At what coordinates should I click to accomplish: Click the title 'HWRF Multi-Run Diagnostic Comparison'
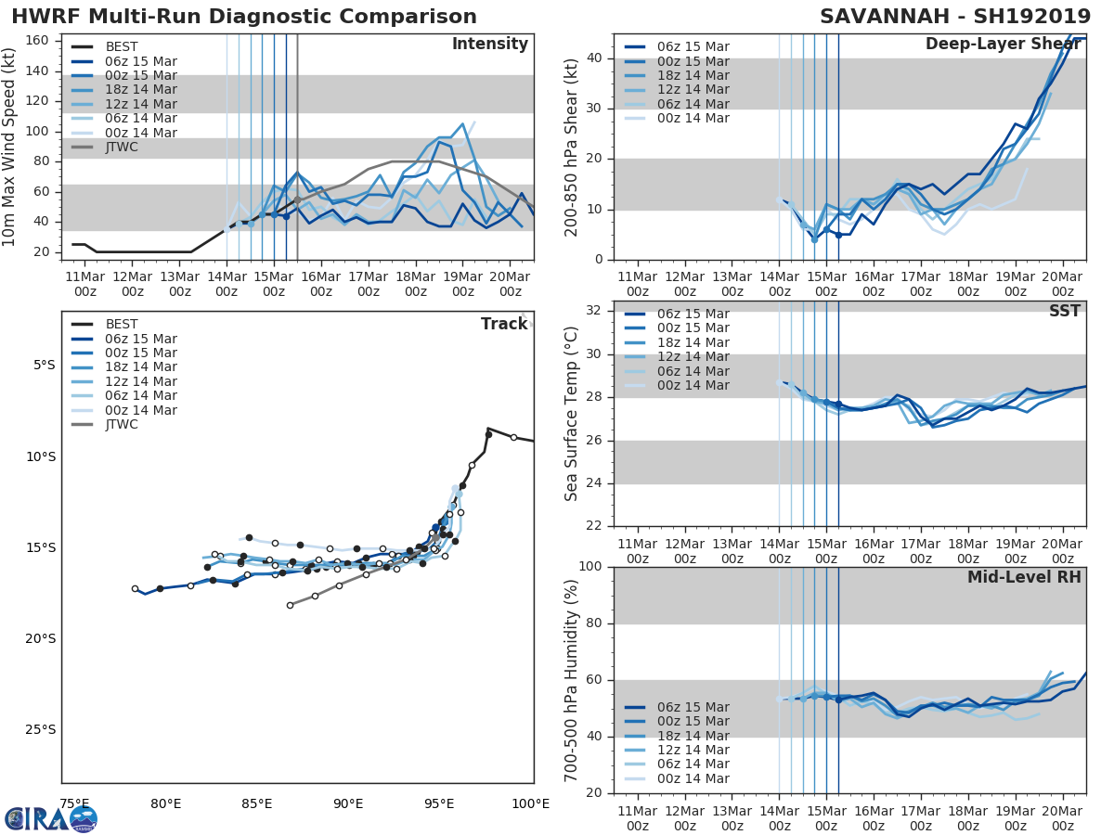pyautogui.click(x=244, y=17)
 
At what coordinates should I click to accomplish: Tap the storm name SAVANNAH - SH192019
pyautogui.click(x=955, y=17)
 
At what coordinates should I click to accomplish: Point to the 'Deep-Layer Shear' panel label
pyautogui.click(x=1003, y=45)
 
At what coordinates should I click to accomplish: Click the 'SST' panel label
pyautogui.click(x=1064, y=312)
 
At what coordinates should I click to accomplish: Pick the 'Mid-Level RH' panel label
pyautogui.click(x=1024, y=578)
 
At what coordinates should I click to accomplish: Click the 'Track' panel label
pyautogui.click(x=504, y=324)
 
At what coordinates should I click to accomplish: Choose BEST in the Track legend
pyautogui.click(x=122, y=324)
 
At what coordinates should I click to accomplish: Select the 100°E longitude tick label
pyautogui.click(x=530, y=803)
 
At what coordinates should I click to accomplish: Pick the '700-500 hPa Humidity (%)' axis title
pyautogui.click(x=572, y=680)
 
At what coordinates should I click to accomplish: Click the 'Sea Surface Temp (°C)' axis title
pyautogui.click(x=572, y=414)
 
